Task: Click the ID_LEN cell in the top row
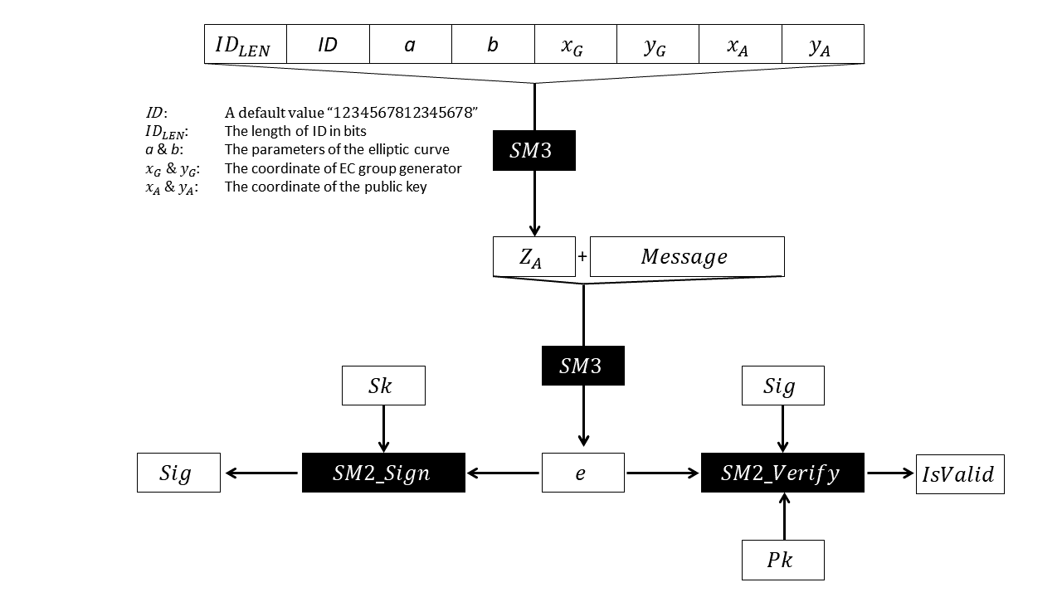click(245, 44)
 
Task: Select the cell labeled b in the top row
click(493, 44)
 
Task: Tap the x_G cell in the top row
click(575, 44)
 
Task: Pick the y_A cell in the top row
click(822, 44)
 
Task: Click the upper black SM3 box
click(533, 151)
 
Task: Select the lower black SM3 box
click(582, 366)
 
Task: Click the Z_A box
click(533, 257)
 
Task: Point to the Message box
click(686, 257)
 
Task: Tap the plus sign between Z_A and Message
click(582, 257)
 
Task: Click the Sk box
click(383, 386)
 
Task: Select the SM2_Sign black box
click(383, 473)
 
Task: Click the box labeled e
click(582, 473)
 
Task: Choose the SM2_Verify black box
click(782, 473)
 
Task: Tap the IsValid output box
click(960, 473)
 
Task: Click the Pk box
click(782, 560)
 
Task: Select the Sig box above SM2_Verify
click(782, 386)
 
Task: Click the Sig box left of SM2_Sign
click(178, 473)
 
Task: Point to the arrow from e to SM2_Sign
click(504, 473)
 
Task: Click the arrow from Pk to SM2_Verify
click(782, 517)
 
